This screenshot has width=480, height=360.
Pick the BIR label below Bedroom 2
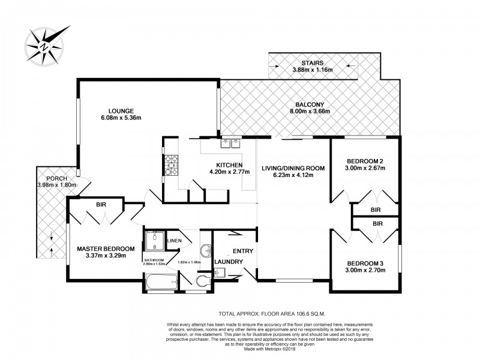coord(375,210)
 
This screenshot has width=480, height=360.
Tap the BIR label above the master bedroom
coord(101,205)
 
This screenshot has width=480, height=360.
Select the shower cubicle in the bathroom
coord(154,241)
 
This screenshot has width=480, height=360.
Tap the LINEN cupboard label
coord(174,240)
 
